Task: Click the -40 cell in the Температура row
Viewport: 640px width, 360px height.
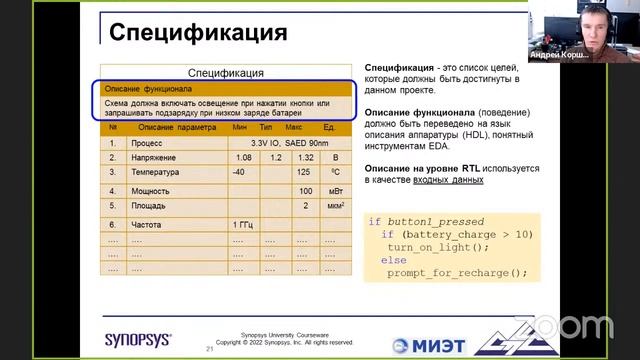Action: pyautogui.click(x=239, y=173)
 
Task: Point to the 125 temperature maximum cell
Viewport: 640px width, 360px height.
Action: pyautogui.click(x=305, y=173)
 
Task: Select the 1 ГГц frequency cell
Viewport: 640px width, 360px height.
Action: pyautogui.click(x=243, y=225)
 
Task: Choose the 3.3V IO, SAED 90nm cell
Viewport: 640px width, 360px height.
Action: pyautogui.click(x=276, y=143)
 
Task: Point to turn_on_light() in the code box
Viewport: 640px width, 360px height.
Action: pyautogui.click(x=439, y=246)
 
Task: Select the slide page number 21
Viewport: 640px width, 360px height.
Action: pyautogui.click(x=209, y=350)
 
